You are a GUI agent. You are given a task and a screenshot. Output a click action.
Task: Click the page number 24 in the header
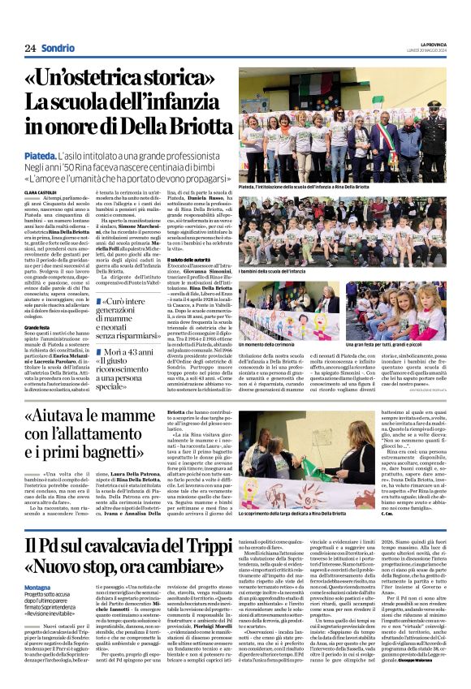pyautogui.click(x=30, y=48)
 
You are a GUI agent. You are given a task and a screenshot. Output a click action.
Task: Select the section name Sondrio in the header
pyautogui.click(x=58, y=48)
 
